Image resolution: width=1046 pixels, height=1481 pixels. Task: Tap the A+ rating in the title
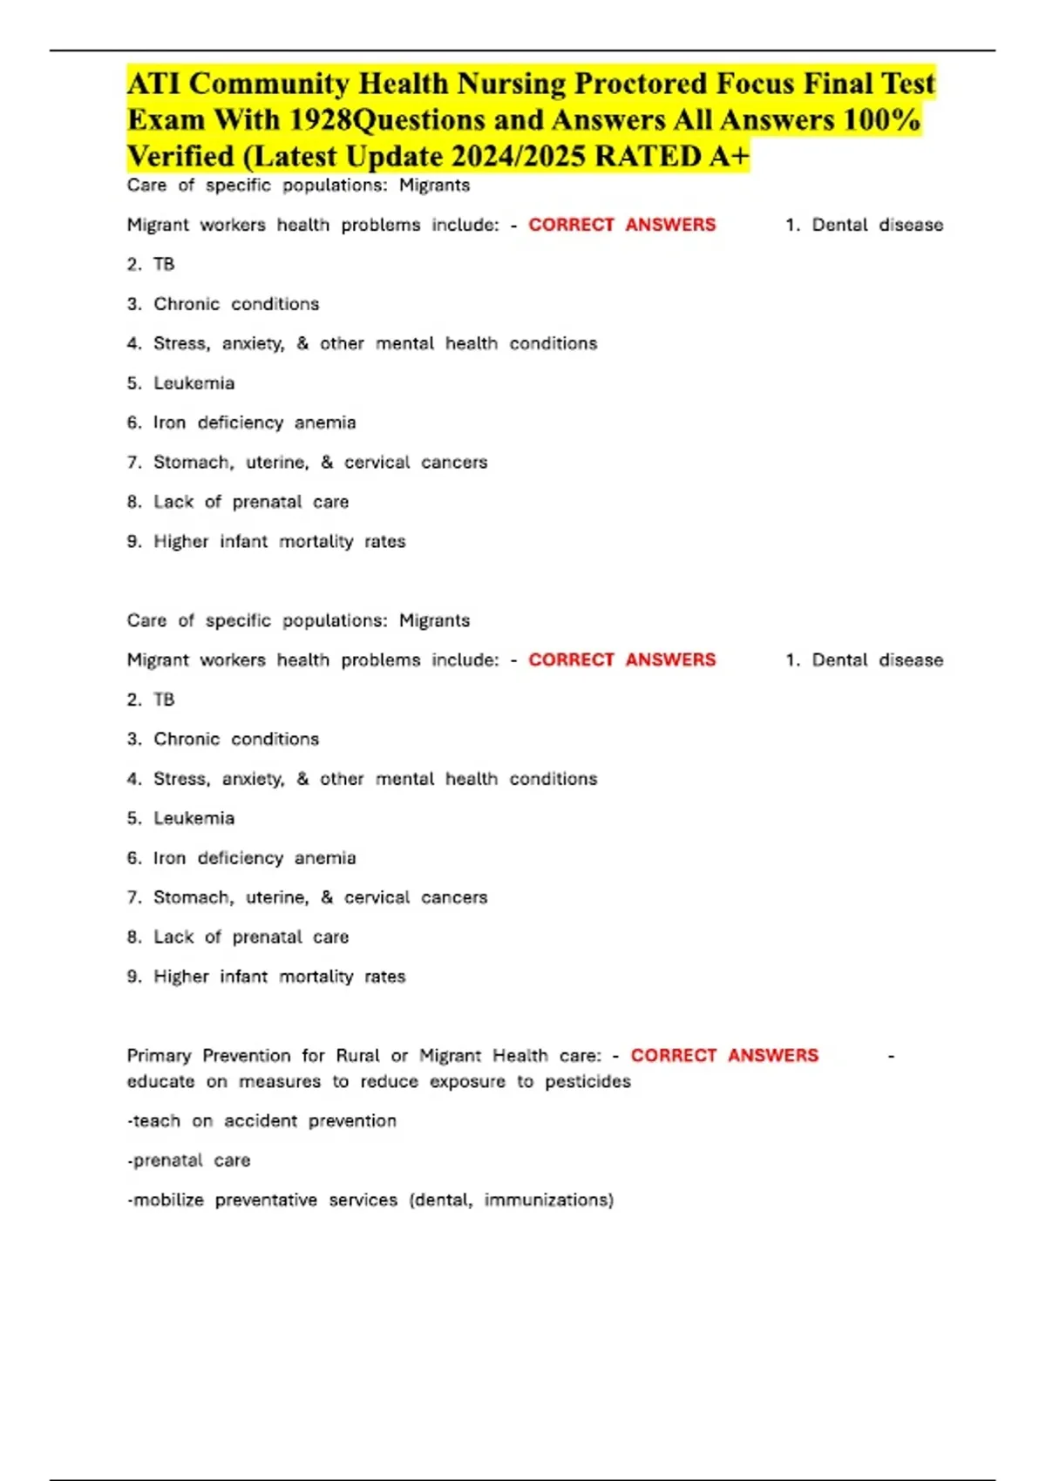729,157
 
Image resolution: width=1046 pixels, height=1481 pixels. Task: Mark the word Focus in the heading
755,84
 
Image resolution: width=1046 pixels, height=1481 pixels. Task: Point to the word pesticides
588,1082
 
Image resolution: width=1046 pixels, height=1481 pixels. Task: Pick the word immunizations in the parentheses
548,1200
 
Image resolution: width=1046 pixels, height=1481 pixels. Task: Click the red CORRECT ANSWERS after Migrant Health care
724,1056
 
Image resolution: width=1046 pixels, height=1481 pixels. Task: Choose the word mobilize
168,1200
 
